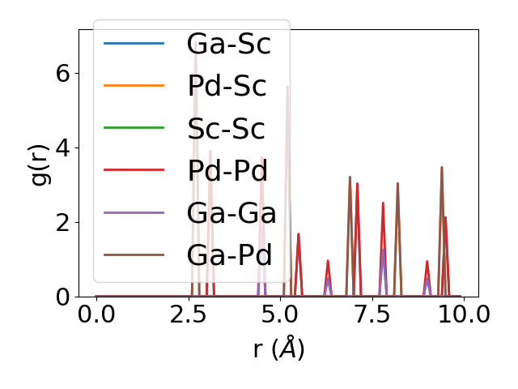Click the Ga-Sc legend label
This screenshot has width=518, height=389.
pos(228,44)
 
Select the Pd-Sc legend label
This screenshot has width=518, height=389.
pos(227,86)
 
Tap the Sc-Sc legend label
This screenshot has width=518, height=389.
pos(227,128)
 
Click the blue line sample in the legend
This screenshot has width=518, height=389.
pos(134,44)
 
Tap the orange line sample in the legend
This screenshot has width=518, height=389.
pos(134,86)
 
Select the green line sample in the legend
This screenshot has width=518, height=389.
pos(134,128)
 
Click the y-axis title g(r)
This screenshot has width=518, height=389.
pos(40,163)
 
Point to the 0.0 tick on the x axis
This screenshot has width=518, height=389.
pos(96,314)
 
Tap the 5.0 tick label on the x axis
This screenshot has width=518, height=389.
pos(280,314)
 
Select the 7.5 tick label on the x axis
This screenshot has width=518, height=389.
pos(372,314)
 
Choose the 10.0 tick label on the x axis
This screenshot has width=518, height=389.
pos(457,314)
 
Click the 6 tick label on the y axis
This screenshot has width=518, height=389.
pos(62,74)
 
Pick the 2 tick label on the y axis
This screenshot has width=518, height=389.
pos(62,223)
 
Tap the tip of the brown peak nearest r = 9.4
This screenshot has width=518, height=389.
pos(441,168)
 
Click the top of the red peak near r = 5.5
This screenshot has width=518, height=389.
pos(299,234)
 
